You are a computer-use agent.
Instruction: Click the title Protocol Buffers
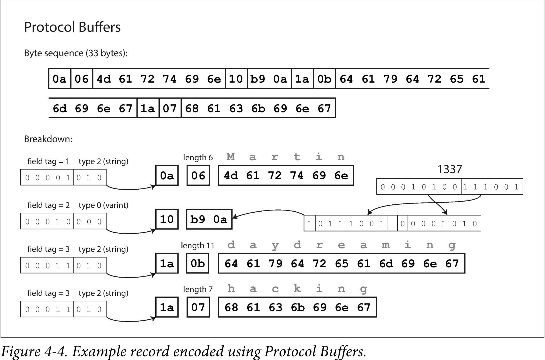click(72, 27)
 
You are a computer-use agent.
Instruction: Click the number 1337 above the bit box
click(450, 169)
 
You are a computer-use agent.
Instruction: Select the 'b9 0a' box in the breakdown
click(209, 219)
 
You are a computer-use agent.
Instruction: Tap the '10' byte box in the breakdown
click(167, 219)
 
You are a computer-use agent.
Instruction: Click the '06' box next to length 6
click(198, 175)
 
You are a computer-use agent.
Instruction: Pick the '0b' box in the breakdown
click(198, 263)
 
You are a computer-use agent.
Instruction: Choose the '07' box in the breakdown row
click(198, 307)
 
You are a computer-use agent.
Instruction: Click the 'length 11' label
click(198, 246)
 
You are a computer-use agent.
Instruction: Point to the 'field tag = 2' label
click(48, 205)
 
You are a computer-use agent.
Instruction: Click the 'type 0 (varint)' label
click(103, 205)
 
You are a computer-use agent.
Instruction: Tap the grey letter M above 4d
click(231, 157)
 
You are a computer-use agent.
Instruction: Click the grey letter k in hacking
click(297, 289)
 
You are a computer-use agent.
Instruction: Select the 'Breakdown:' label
click(48, 139)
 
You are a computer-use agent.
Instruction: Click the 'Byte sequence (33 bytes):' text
click(76, 53)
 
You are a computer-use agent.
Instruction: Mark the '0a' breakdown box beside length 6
click(167, 175)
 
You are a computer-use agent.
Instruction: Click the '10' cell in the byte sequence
click(236, 79)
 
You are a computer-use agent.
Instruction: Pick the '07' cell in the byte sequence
click(170, 108)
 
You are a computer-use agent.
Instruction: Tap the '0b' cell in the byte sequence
click(324, 79)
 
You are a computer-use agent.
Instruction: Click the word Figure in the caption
click(21, 351)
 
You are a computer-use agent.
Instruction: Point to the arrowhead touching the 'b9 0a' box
click(235, 217)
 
